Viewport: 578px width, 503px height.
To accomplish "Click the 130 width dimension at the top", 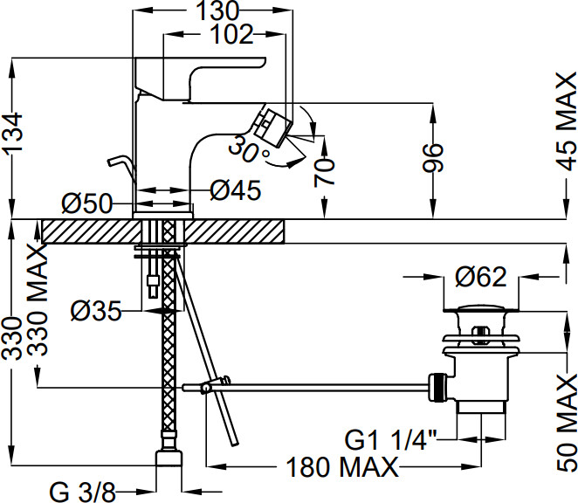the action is click(x=218, y=10).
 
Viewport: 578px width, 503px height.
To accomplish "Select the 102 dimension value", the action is click(x=232, y=35).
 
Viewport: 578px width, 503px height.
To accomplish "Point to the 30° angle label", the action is click(x=250, y=149).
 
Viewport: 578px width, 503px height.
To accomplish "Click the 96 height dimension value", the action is click(x=433, y=158).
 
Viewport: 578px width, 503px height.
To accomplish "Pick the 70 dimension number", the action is click(x=325, y=172).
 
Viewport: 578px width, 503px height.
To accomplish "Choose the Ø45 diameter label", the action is click(x=236, y=190).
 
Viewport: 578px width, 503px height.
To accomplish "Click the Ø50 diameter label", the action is click(x=86, y=203).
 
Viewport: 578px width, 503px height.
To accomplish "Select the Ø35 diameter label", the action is click(x=96, y=311).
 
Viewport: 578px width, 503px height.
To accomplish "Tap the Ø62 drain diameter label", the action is click(x=481, y=277).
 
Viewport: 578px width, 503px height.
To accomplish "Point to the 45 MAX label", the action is click(x=567, y=121).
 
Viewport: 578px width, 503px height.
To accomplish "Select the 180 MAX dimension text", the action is click(x=342, y=467).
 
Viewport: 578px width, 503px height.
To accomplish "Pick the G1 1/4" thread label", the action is click(x=391, y=439).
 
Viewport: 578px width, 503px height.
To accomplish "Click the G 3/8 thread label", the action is click(x=83, y=492).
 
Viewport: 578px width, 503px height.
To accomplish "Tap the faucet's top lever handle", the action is click(x=199, y=79).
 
